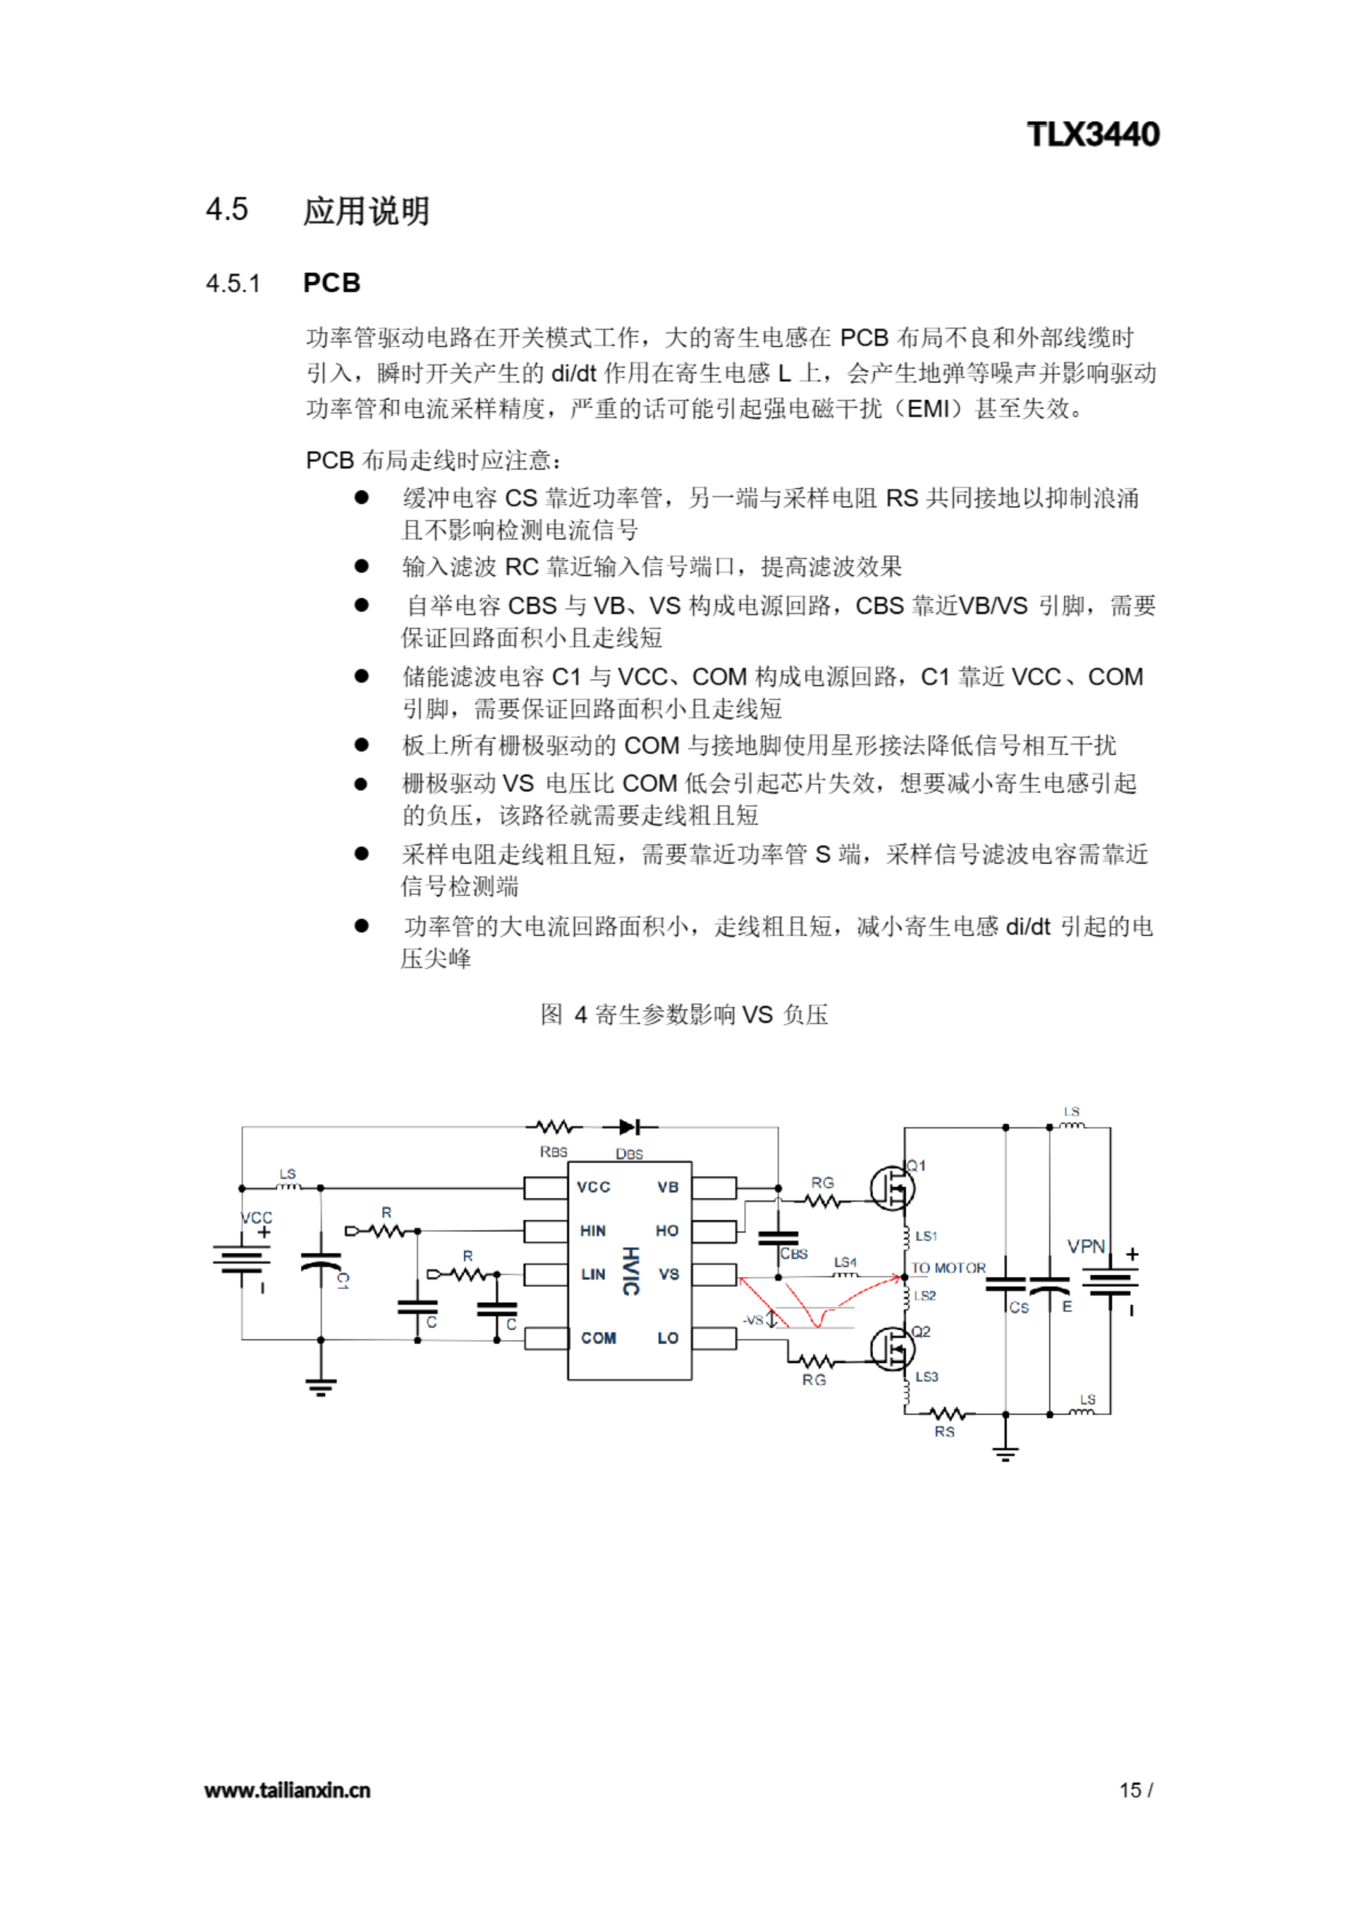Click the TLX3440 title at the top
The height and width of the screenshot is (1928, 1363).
(1093, 134)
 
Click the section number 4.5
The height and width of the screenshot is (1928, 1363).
(227, 209)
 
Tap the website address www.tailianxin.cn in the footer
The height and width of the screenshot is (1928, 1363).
(287, 1789)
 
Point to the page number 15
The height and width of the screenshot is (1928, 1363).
(1130, 1789)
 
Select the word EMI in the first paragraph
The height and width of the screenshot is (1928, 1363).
(928, 409)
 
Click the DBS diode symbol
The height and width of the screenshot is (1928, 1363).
(628, 1127)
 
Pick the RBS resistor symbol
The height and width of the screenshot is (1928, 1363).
(553, 1127)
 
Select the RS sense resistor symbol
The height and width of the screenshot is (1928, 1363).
(947, 1414)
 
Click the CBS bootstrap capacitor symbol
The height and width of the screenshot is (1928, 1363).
(779, 1237)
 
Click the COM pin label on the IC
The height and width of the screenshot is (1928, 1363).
(598, 1338)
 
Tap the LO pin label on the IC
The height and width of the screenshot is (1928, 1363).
(668, 1338)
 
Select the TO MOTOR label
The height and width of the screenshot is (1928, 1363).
(948, 1268)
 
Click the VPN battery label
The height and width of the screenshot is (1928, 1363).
(1085, 1246)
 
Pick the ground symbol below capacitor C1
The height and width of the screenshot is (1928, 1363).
(320, 1387)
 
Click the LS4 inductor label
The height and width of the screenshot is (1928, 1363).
(845, 1262)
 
